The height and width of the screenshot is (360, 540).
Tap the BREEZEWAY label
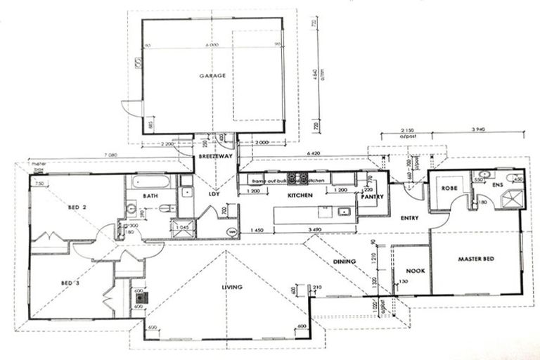212,157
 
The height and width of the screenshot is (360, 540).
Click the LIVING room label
231,287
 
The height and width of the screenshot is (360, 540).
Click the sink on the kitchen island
344,212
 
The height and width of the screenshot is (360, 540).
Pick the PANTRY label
371,197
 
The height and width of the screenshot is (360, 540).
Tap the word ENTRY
409,218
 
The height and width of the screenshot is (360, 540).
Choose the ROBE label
450,188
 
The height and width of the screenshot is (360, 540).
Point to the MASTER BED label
476,259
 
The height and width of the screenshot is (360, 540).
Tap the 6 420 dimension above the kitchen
313,152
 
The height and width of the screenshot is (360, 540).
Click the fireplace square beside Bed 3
139,297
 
